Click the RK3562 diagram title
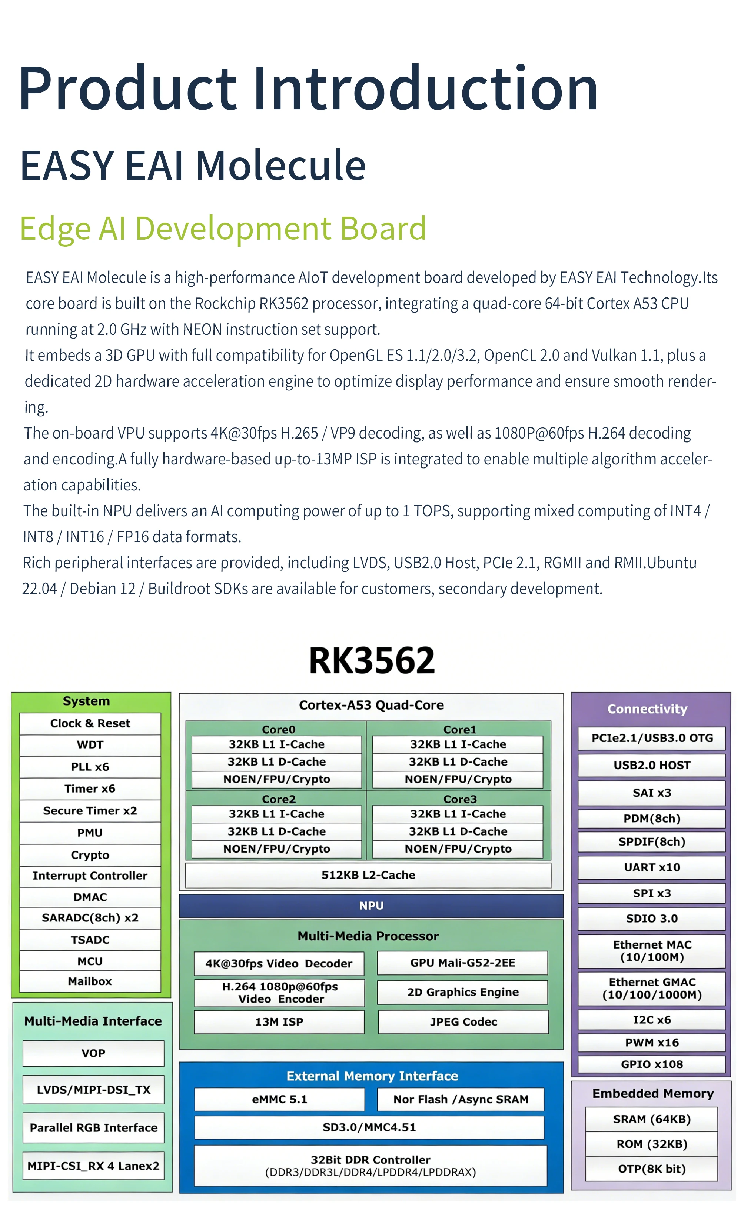(372, 660)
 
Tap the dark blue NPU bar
(371, 905)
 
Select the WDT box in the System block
(90, 744)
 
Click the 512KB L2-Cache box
(368, 875)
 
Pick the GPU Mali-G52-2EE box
(462, 963)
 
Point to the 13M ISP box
(279, 1021)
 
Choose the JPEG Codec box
(463, 1021)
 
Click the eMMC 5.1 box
(280, 1099)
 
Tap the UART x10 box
(652, 867)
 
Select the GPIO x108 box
(652, 1064)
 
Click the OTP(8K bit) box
(652, 1169)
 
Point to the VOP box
(93, 1053)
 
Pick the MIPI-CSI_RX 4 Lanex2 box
(93, 1166)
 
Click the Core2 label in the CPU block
(279, 799)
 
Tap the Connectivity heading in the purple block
(647, 709)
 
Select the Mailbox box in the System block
(90, 981)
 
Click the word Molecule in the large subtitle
(280, 165)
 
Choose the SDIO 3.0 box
(652, 918)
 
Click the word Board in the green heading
(383, 228)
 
